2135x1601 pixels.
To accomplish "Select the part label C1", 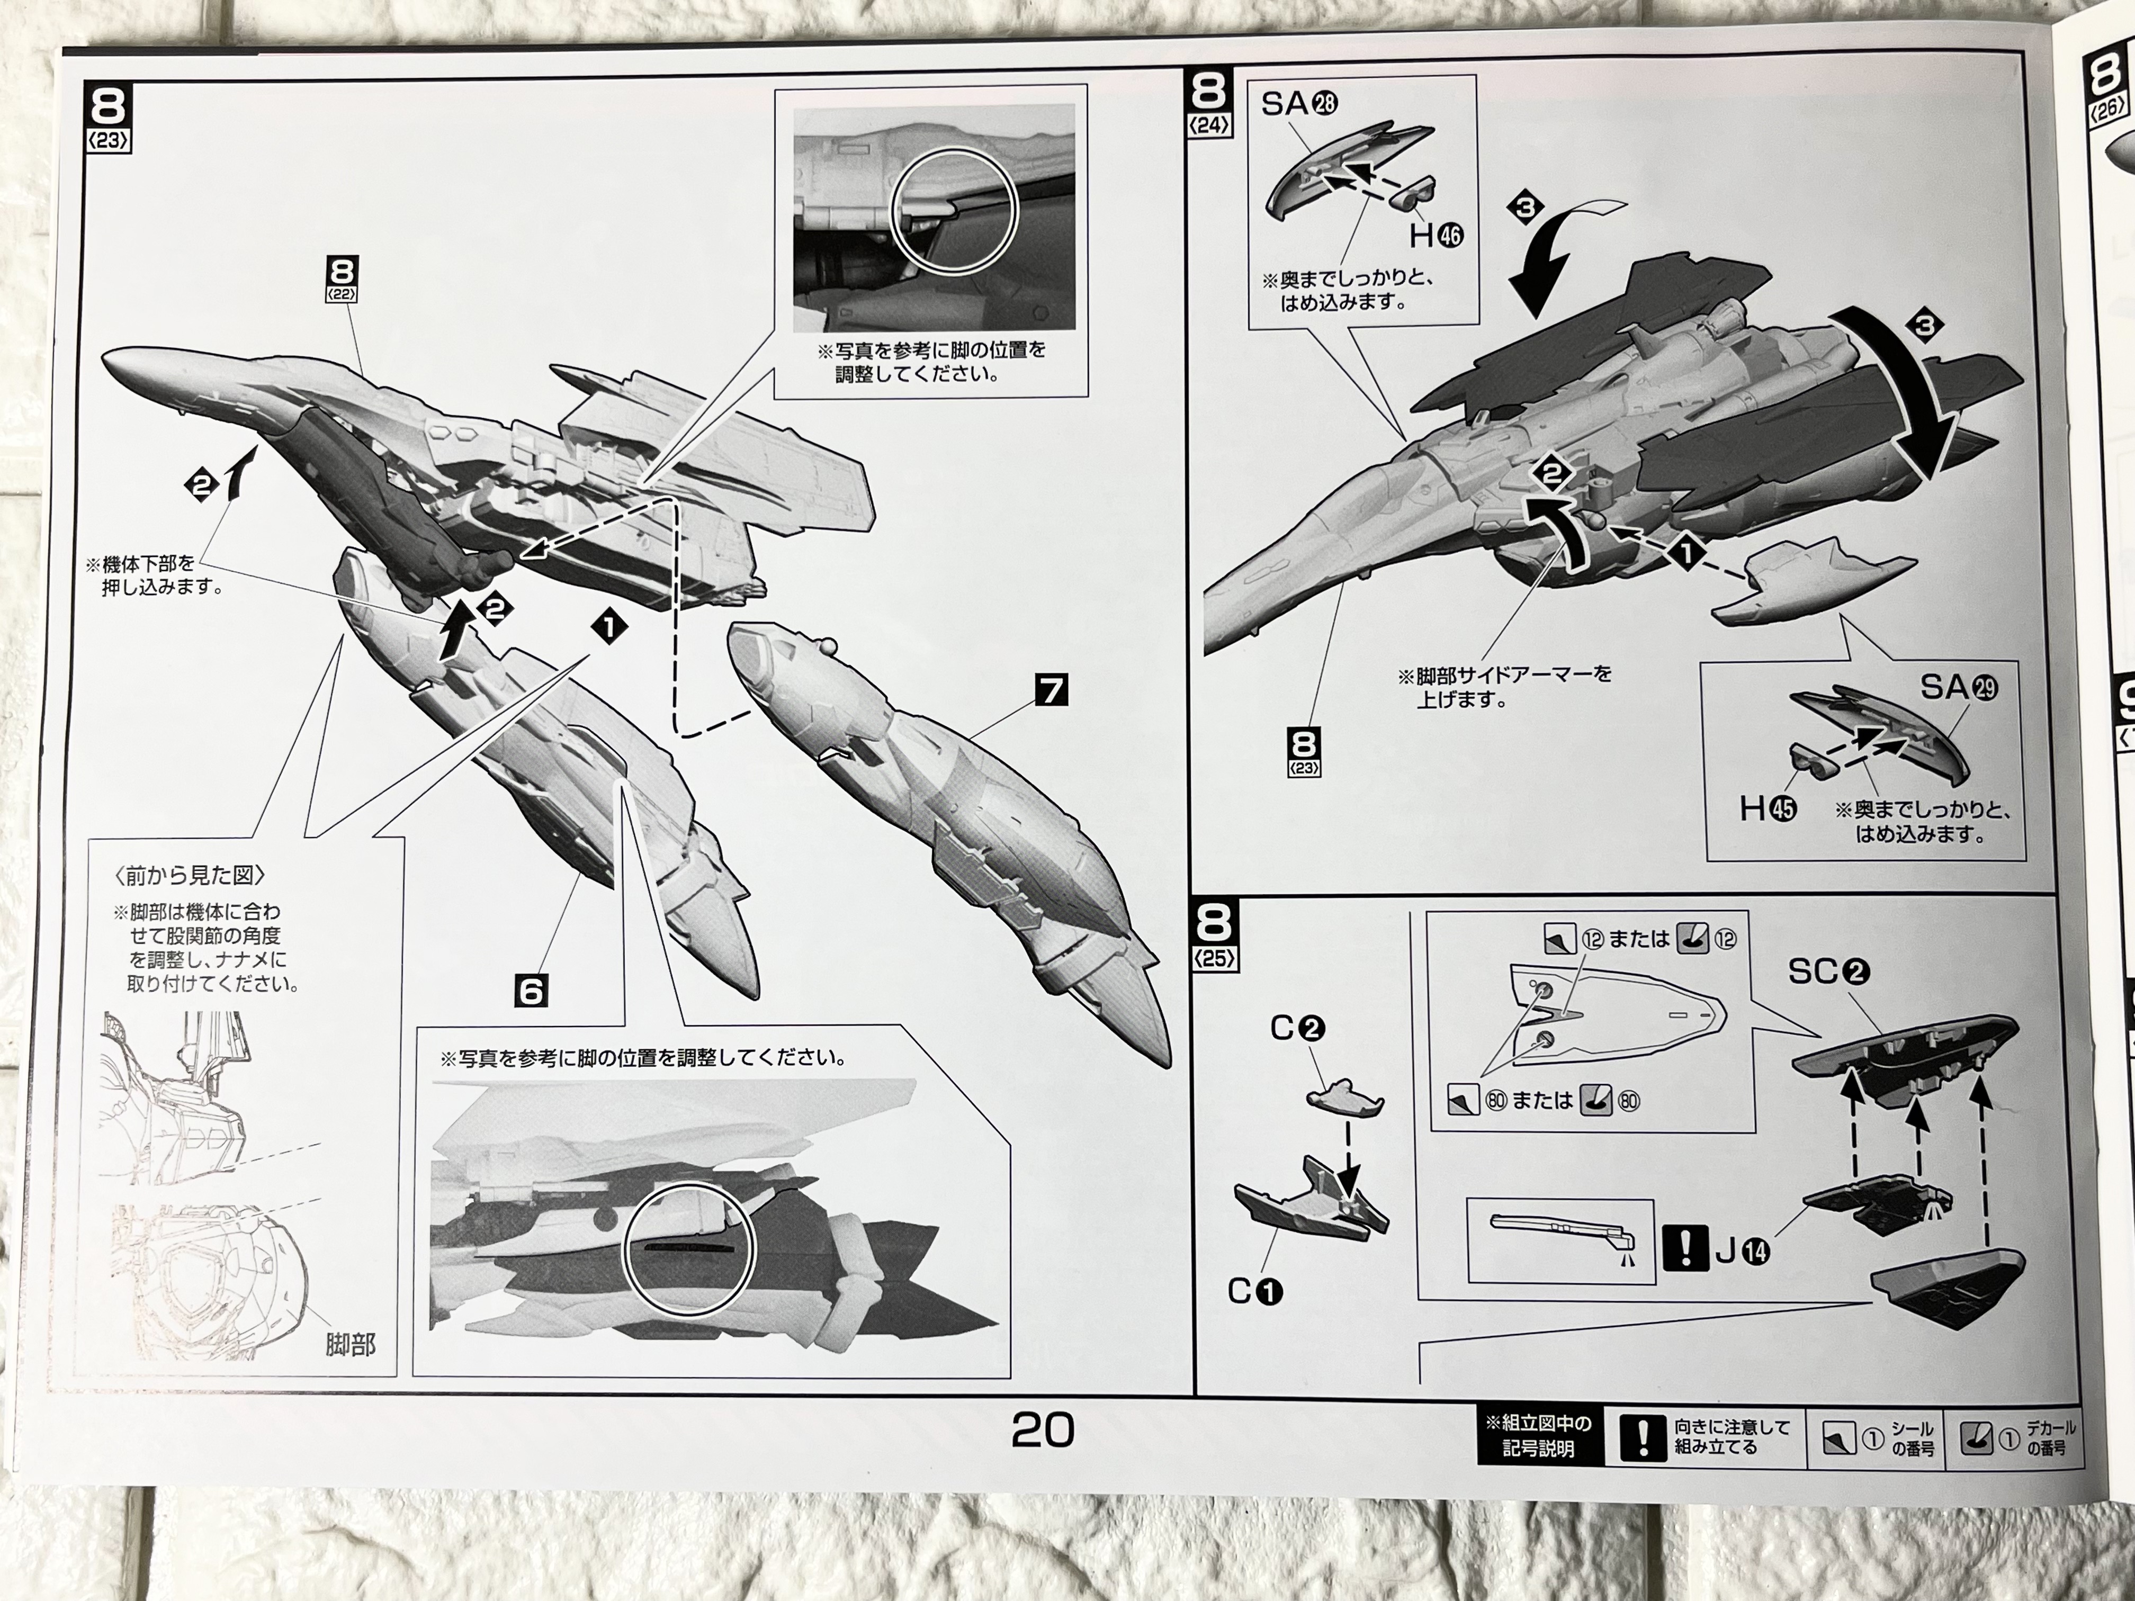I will (1255, 1291).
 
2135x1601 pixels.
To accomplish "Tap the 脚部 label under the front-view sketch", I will (351, 1343).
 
